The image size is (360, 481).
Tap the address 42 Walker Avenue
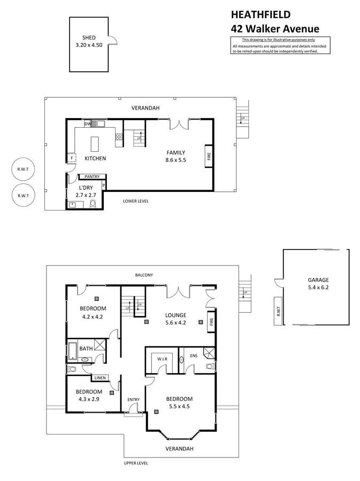274,29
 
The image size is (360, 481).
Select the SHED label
89,38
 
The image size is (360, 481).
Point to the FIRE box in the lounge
211,322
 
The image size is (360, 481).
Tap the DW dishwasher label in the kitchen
87,124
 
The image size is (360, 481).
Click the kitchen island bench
96,143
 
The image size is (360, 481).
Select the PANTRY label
92,176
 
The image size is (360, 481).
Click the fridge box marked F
71,158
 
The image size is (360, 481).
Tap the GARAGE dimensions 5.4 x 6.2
318,288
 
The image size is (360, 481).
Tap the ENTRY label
133,400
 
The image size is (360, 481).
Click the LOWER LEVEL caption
135,201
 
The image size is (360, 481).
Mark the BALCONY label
144,275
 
